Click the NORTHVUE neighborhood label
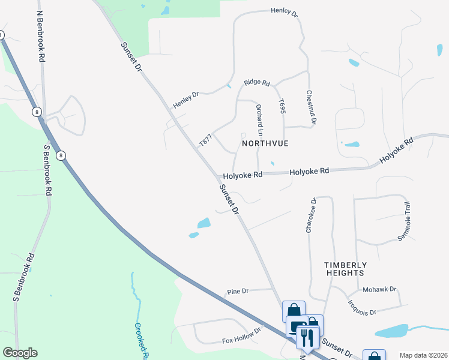click(265, 144)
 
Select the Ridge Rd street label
click(257, 83)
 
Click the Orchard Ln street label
click(260, 120)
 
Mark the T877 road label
click(206, 140)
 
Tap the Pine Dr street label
click(238, 292)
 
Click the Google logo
click(20, 353)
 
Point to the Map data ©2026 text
click(423, 355)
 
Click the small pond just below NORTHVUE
click(273, 163)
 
